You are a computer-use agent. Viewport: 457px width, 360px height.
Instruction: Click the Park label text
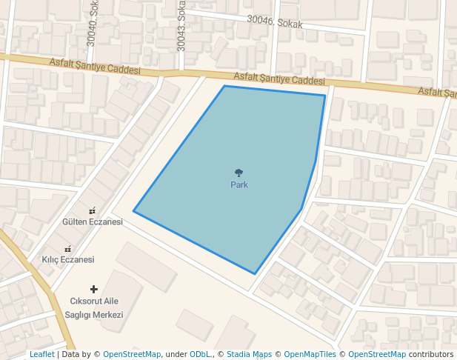[239, 184]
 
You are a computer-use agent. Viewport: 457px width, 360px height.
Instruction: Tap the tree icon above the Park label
[238, 173]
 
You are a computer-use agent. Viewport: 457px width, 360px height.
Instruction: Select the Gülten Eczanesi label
[93, 222]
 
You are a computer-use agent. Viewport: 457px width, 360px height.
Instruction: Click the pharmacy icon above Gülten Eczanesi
[93, 211]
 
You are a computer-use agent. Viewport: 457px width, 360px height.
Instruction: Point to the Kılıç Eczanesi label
[68, 260]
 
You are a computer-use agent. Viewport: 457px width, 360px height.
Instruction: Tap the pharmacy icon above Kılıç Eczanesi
[68, 249]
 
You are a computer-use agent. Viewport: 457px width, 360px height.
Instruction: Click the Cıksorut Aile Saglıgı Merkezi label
[94, 307]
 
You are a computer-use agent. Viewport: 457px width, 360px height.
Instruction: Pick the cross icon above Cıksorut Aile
[94, 289]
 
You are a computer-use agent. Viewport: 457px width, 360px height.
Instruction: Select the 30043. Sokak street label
[181, 26]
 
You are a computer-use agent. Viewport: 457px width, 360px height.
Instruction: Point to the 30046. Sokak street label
[275, 24]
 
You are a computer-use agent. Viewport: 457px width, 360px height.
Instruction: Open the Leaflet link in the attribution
[42, 355]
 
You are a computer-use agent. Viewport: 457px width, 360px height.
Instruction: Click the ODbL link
[200, 355]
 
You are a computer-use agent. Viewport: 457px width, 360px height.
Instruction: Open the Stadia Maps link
[249, 355]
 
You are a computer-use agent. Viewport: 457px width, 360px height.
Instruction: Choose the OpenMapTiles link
[310, 355]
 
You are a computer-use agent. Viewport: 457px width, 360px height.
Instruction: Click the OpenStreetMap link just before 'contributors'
[377, 355]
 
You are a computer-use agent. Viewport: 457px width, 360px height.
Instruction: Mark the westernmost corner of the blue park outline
[133, 211]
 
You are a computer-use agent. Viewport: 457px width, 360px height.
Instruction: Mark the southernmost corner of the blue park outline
[255, 274]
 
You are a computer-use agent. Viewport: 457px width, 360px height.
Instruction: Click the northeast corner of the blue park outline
[325, 95]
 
